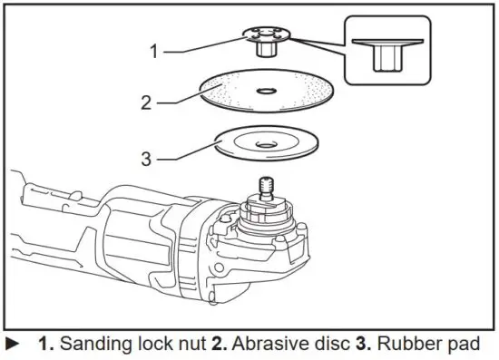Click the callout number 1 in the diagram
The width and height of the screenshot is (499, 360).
tap(154, 50)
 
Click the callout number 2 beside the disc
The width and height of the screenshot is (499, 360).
tap(146, 101)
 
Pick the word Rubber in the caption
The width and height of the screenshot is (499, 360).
tap(406, 345)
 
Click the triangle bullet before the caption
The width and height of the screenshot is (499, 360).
tap(12, 345)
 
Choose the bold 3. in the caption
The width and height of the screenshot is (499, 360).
tap(362, 345)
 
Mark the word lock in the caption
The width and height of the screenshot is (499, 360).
tap(155, 345)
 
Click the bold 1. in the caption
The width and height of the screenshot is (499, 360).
tap(46, 345)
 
